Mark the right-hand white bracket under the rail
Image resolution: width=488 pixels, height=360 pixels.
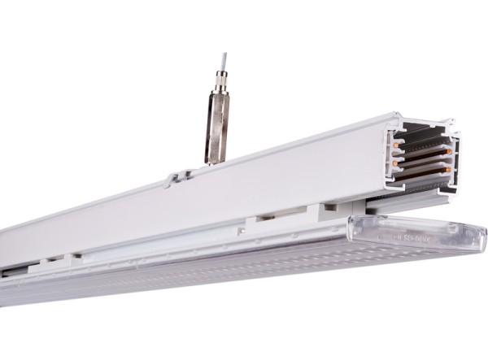331,212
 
